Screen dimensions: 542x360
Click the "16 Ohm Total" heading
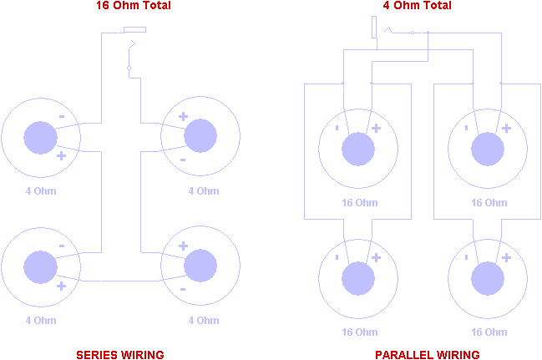coord(134,5)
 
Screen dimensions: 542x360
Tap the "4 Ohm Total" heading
coord(418,5)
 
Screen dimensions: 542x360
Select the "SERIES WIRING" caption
coord(120,355)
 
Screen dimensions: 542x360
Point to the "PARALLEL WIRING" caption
coord(428,355)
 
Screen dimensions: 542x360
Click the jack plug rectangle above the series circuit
coord(134,29)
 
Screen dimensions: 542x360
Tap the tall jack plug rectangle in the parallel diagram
coord(374,27)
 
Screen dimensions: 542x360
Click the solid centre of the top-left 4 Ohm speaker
coord(40,138)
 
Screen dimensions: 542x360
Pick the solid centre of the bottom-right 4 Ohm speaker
coord(200,266)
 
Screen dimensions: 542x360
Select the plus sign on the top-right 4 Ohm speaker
coord(183,116)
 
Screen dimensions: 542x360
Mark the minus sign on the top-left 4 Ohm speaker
coord(62,117)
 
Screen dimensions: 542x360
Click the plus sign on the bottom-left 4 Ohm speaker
coord(61,286)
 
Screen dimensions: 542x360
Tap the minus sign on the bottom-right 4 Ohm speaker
coord(183,289)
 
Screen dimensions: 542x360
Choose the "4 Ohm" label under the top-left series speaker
coord(41,191)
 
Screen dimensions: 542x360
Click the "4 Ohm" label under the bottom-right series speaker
coord(204,321)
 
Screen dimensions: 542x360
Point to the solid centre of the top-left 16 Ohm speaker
coord(358,149)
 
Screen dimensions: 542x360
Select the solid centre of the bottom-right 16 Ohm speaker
coord(488,278)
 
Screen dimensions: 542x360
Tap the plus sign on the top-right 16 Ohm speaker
coord(506,129)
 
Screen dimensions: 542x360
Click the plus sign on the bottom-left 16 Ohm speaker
coord(376,257)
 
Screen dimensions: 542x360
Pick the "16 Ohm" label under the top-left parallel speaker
coord(359,203)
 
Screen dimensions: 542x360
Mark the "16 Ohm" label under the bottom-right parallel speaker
coord(489,332)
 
